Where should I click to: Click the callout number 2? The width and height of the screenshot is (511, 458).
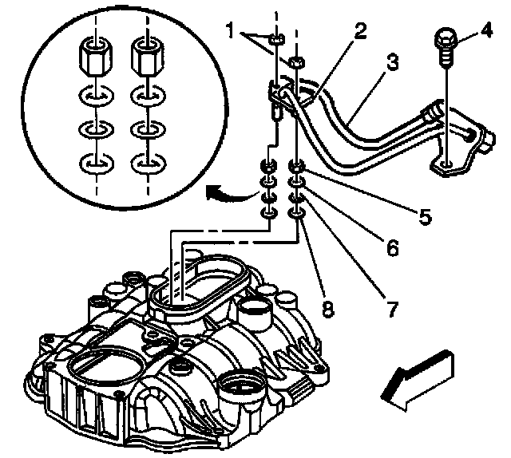[361, 33]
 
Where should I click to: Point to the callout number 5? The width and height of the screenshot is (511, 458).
[425, 215]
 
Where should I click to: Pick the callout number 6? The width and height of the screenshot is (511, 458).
[392, 248]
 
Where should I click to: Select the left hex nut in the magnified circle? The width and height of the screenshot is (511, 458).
[94, 56]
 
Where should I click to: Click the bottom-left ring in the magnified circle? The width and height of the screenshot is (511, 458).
[94, 165]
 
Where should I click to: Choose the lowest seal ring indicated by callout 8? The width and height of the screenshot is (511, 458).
[296, 213]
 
